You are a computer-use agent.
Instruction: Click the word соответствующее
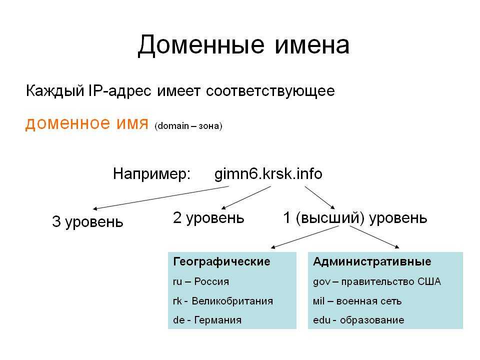(270, 91)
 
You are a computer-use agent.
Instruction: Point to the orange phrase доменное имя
(86, 123)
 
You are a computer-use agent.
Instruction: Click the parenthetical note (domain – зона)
(188, 126)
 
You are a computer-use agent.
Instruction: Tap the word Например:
(152, 174)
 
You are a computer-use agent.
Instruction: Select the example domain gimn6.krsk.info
(268, 174)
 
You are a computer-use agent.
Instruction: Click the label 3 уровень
(87, 221)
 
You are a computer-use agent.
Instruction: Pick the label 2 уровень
(208, 218)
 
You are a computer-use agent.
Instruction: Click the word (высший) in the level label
(330, 218)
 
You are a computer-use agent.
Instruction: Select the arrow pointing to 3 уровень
(161, 198)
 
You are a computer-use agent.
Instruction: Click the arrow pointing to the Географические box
(305, 237)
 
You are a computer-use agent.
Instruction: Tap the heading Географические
(221, 261)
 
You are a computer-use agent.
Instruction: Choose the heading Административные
(372, 261)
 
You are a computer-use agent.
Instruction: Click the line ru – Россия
(201, 281)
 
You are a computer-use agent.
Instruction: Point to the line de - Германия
(207, 320)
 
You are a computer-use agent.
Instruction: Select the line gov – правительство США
(377, 281)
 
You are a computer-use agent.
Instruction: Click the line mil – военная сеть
(357, 301)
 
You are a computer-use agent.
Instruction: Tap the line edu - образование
(358, 320)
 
